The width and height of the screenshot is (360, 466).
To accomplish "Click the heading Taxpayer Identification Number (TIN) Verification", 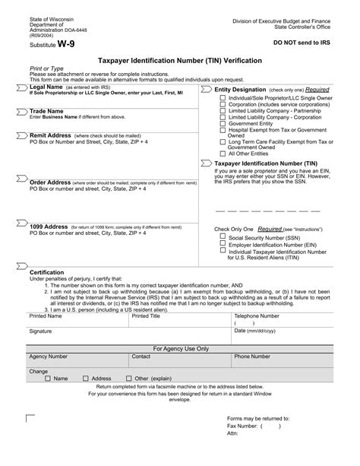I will pos(179,59).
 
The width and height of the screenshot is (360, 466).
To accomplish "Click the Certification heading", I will pos(46,271).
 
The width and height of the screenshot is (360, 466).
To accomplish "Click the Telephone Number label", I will pos(257,315).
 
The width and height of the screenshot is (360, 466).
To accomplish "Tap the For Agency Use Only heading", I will pos(181,348).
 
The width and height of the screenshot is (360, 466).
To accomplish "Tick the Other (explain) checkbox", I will pos(130,379).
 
